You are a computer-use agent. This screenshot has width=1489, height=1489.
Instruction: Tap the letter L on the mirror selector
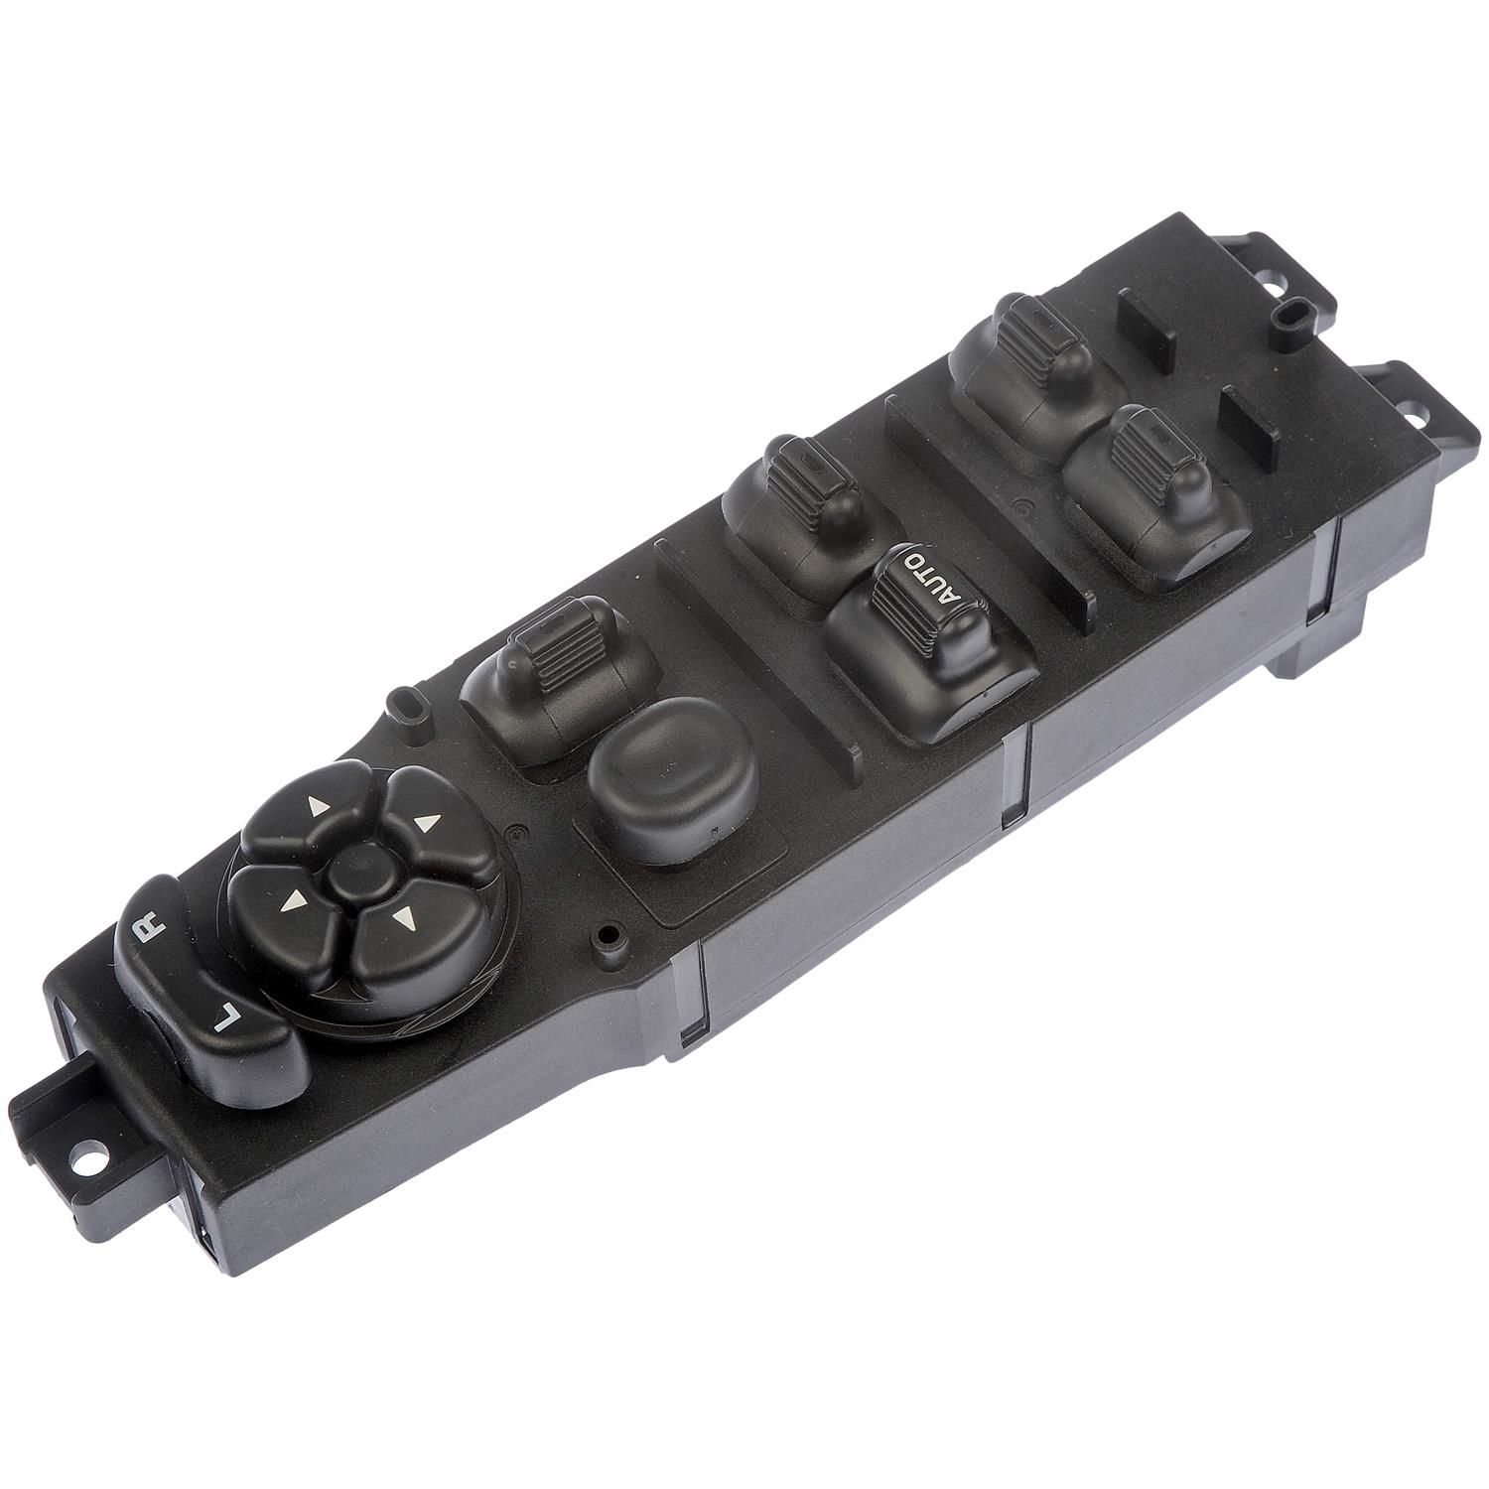[224, 1017]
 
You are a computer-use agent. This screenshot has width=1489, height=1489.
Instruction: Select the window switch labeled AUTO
[928, 645]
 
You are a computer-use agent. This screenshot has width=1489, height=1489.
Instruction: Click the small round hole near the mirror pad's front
[605, 934]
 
